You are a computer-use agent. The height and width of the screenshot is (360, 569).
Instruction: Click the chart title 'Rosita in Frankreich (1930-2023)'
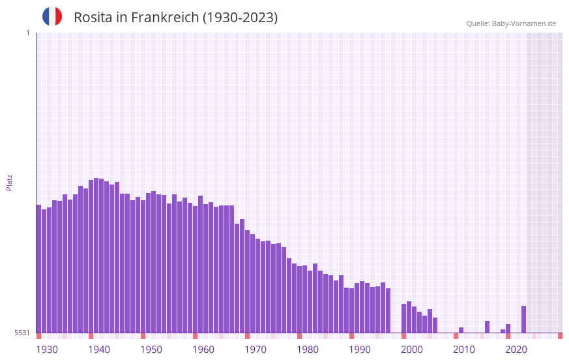175,18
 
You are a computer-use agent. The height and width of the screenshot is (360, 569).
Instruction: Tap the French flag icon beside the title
52,16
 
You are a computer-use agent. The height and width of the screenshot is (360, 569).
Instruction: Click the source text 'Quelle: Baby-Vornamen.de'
511,23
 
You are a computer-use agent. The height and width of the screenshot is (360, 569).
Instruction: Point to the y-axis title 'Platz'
9,182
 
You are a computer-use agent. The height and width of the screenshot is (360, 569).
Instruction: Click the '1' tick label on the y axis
27,33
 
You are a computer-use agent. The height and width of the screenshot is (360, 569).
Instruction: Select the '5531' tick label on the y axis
22,333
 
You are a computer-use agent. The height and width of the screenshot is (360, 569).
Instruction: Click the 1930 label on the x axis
47,350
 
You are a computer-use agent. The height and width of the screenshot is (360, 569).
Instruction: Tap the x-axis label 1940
99,350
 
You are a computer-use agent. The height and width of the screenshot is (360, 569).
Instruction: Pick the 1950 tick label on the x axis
151,350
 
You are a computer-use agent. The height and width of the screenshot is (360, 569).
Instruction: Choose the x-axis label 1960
203,350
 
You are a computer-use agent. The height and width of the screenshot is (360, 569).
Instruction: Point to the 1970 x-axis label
255,350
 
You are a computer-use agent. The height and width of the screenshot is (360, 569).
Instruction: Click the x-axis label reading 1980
308,350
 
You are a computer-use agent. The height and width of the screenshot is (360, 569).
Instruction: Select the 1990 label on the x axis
360,350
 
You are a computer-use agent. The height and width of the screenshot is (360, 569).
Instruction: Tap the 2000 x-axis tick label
412,350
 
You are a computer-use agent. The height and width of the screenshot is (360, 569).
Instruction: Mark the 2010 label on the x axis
464,350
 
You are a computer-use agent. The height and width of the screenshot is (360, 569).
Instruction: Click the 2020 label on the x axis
516,350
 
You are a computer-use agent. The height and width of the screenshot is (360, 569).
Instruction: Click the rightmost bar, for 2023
523,320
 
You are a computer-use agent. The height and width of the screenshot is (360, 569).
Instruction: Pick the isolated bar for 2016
487,327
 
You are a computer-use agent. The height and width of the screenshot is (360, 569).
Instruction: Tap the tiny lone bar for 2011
461,330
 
